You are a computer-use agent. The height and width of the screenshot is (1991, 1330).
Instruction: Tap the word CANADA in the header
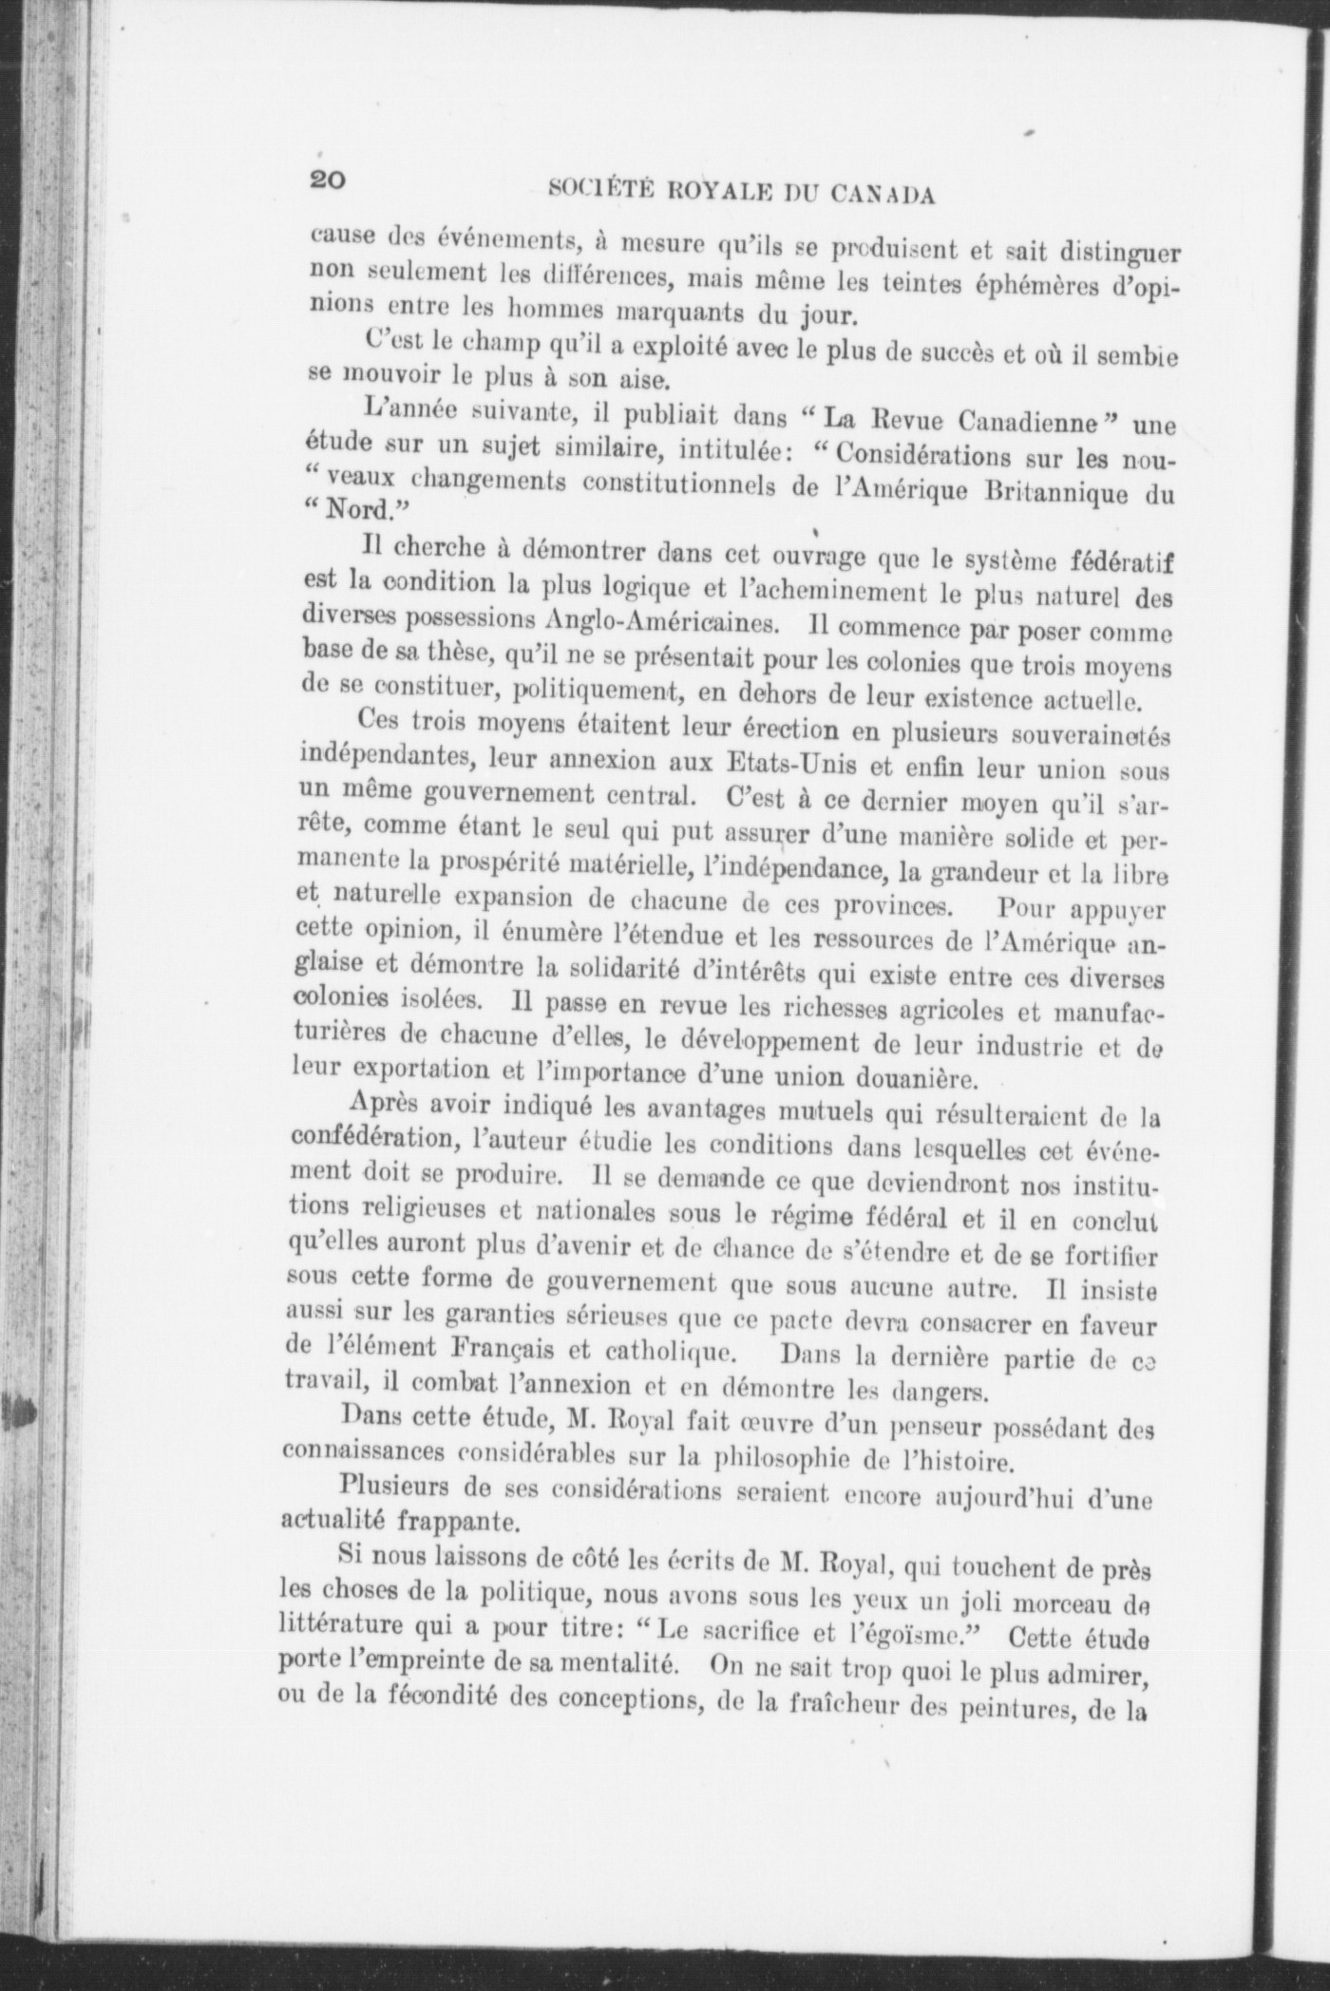click(883, 196)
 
